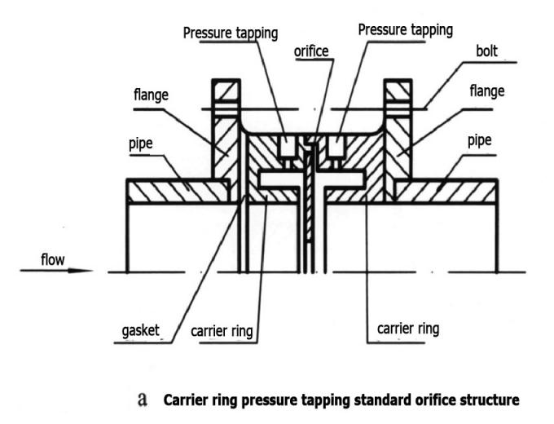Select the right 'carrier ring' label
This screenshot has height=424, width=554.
coord(407,329)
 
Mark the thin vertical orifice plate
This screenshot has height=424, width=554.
coord(310,204)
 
